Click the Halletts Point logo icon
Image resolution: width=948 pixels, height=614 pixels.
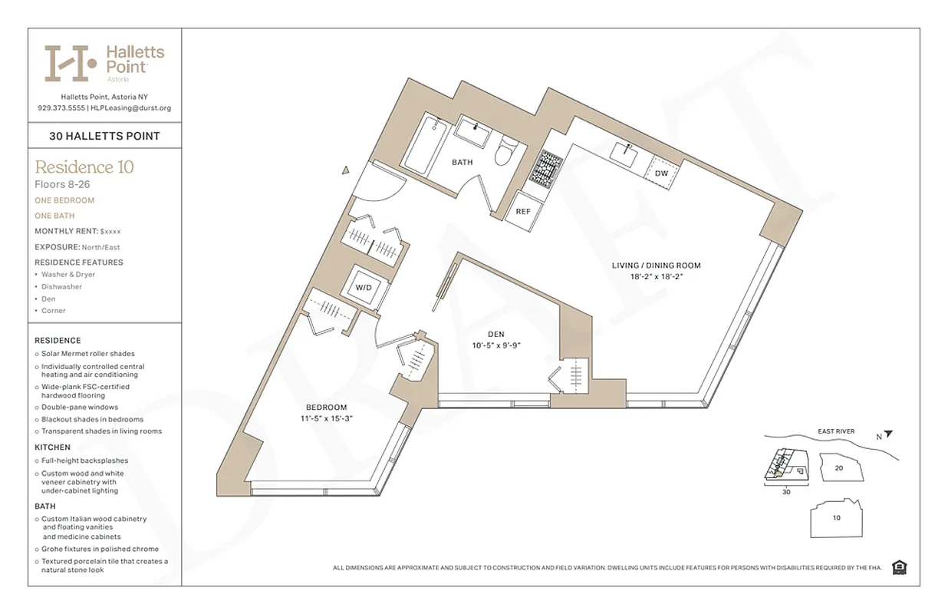coord(71,63)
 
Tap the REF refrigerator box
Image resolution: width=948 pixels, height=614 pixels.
coord(523,212)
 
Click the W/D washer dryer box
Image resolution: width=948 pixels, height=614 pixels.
coord(363,287)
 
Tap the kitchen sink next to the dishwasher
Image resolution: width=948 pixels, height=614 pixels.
coord(625,152)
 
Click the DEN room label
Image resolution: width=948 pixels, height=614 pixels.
coord(495,334)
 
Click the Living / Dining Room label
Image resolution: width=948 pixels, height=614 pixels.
coord(656,266)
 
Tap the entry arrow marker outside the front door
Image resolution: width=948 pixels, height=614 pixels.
coord(346,170)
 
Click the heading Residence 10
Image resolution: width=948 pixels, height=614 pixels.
coord(84,167)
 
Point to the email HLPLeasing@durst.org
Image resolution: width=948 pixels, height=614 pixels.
coord(131,108)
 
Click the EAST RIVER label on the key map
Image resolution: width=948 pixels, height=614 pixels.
coord(835,431)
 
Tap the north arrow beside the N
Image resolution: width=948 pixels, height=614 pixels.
coord(888,434)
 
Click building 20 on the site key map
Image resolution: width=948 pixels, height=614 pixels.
coord(838,467)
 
